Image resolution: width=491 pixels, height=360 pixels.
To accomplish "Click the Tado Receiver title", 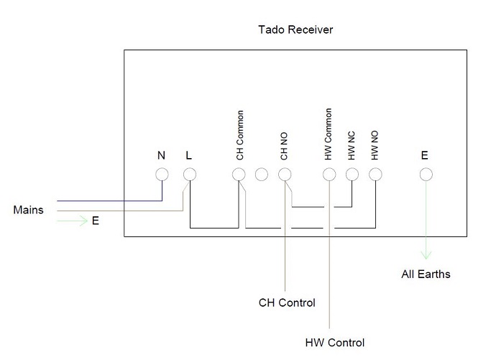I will (295, 30).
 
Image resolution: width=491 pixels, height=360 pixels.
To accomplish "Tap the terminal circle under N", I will (162, 174).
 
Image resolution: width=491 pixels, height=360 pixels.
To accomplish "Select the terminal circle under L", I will (189, 174).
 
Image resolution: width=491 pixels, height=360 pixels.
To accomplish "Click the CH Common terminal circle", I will (239, 174).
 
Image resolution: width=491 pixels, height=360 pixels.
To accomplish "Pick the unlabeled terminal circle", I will (262, 174).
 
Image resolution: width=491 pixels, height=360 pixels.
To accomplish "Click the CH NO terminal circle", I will (285, 174).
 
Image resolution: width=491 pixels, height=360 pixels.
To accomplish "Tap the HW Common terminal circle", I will (329, 174).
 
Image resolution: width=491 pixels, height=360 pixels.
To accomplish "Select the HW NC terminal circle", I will (352, 174).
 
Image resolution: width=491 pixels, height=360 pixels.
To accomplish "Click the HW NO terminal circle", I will (375, 174).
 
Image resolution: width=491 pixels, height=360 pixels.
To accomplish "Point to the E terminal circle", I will (426, 174).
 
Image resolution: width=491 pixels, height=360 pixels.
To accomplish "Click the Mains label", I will (28, 211).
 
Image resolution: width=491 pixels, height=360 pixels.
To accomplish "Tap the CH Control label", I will (287, 303).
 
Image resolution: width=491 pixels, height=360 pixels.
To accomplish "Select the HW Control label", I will (335, 343).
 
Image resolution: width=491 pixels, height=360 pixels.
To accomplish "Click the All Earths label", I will (426, 274).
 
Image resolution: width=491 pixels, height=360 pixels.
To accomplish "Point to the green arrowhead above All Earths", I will (426, 254).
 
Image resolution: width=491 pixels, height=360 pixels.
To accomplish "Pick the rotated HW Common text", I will (329, 135).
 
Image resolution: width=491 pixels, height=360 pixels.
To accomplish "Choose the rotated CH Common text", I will (240, 135).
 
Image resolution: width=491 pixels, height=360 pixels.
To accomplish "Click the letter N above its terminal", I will (161, 155).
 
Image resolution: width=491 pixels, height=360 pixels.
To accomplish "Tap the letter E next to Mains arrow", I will (95, 221).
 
